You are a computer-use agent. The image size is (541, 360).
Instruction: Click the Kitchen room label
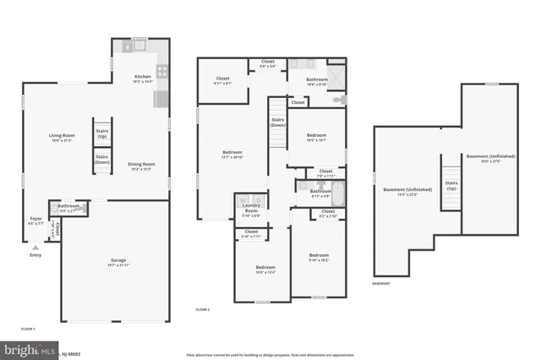(142, 79)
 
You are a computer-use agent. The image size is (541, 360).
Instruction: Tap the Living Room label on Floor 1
(62, 138)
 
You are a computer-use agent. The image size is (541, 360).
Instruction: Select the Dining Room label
(141, 166)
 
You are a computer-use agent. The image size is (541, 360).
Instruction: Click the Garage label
(117, 264)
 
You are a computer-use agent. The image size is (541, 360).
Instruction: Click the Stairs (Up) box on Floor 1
(101, 133)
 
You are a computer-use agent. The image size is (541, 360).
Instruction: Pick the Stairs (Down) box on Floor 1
(101, 158)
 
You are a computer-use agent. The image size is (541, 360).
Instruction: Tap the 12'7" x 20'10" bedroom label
(232, 154)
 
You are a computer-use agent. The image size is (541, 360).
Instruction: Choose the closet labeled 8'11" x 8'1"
(222, 81)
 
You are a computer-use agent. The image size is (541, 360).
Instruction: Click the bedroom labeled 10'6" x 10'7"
(316, 138)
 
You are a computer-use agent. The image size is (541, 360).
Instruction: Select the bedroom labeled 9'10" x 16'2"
(318, 258)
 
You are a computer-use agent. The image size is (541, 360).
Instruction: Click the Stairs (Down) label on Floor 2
(277, 123)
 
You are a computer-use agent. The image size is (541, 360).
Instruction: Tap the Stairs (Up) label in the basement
(451, 184)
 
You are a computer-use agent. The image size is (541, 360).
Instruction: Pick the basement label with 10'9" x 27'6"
(489, 159)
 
